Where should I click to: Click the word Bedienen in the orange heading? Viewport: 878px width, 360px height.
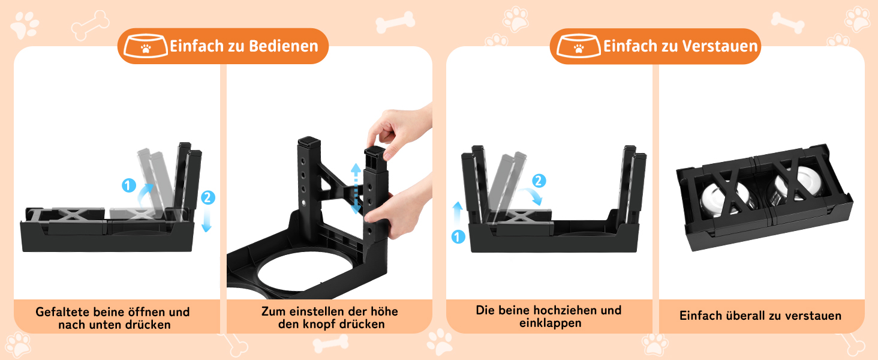[284, 46]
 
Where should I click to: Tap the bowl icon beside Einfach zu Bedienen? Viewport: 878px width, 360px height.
[145, 46]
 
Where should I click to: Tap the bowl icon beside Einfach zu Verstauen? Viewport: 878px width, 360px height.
[579, 46]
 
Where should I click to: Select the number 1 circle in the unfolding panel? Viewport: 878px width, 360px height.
[128, 185]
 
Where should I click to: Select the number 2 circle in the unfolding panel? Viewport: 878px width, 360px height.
[208, 197]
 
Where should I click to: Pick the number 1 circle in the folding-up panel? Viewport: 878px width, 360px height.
[458, 237]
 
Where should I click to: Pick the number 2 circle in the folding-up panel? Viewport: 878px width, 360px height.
[539, 181]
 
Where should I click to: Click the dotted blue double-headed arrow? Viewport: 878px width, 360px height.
[356, 188]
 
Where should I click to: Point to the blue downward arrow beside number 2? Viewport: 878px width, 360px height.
[206, 219]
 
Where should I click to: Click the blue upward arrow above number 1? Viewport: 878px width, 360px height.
[458, 214]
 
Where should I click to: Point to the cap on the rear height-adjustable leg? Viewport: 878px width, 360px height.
[309, 141]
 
